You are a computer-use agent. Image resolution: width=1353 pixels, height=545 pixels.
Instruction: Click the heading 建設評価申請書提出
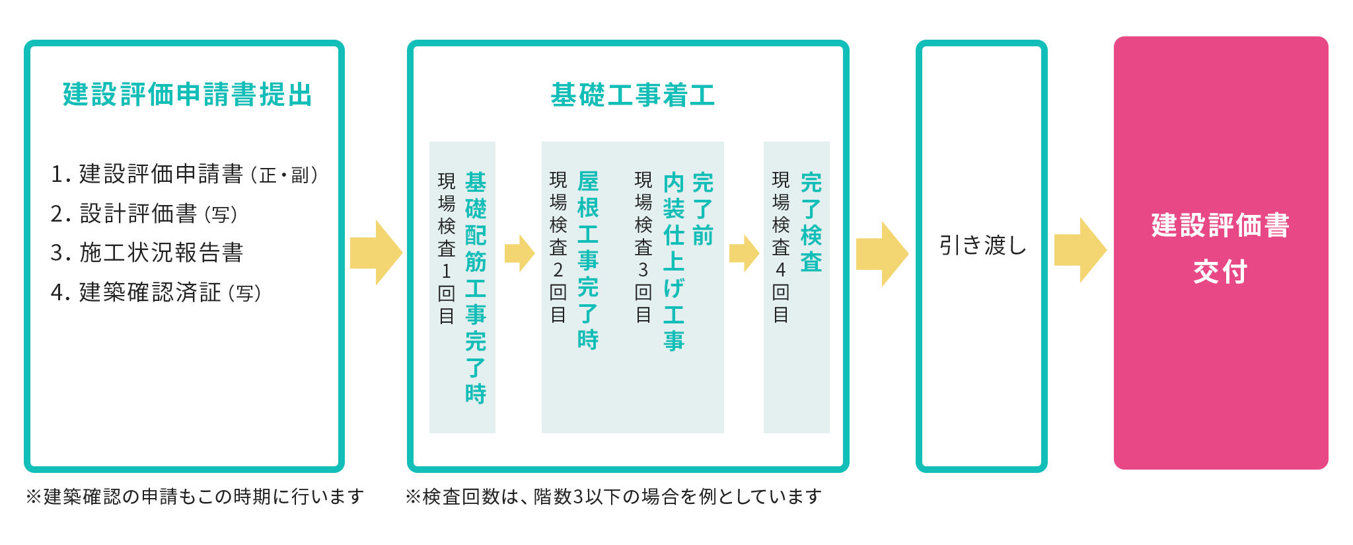[x=188, y=95]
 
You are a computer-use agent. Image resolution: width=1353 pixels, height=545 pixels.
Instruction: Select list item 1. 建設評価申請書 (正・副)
[x=184, y=174]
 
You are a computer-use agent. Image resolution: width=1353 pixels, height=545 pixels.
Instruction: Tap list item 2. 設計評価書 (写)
[x=143, y=214]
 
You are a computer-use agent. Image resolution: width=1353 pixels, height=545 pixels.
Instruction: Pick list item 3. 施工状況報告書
[x=147, y=253]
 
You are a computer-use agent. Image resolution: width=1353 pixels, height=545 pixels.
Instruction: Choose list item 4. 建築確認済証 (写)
[x=156, y=292]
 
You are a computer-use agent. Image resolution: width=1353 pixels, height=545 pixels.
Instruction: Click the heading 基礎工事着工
[x=632, y=95]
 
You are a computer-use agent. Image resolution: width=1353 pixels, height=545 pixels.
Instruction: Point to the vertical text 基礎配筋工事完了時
[x=476, y=287]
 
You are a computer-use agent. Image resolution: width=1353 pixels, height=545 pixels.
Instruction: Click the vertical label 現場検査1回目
[x=447, y=248]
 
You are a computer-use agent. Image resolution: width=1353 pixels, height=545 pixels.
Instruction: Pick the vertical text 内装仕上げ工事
[x=674, y=261]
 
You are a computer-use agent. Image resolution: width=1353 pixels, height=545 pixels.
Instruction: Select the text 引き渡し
[x=982, y=245]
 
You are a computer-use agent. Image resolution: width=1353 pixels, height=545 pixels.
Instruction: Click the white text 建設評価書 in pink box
[x=1220, y=226]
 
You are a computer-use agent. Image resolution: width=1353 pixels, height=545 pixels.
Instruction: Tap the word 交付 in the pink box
[x=1220, y=272]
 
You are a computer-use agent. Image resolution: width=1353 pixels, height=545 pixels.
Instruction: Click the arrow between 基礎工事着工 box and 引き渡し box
[x=882, y=254]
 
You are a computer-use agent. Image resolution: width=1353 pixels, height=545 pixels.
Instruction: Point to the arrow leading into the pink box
[x=1080, y=251]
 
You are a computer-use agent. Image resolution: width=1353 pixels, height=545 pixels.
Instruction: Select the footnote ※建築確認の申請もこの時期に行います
[x=195, y=496]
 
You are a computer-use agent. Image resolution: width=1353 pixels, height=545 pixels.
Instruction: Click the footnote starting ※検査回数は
[x=613, y=496]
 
